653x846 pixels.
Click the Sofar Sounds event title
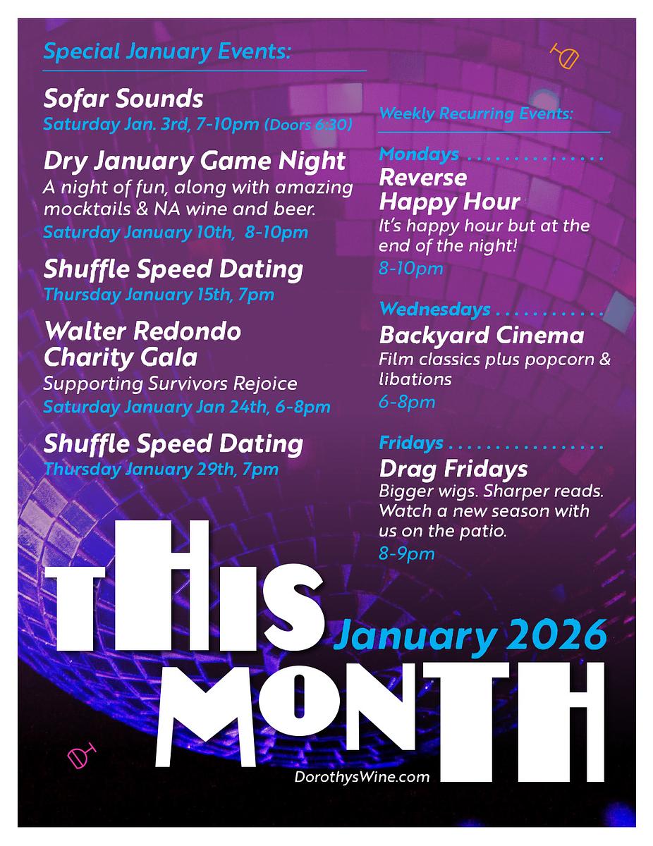coord(123,98)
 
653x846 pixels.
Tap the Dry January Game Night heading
coord(195,161)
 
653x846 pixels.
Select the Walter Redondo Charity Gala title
coord(142,344)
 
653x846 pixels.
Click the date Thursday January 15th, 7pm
coord(159,294)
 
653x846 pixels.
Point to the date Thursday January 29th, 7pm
coord(161,469)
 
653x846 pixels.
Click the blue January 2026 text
coord(471,637)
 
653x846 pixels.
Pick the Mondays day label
coord(419,154)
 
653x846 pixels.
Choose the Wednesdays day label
coord(434,309)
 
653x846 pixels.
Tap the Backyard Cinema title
coord(482,335)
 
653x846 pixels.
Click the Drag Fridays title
coord(453,469)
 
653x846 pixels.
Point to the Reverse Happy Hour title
coord(450,190)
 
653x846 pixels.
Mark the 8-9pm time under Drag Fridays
coord(407,554)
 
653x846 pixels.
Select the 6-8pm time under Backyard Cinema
coord(407,403)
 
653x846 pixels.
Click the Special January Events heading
coord(167,51)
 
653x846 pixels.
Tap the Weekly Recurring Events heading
coord(476,114)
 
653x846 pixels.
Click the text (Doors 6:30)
coord(308,125)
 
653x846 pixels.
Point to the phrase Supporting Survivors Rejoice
coord(170,384)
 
